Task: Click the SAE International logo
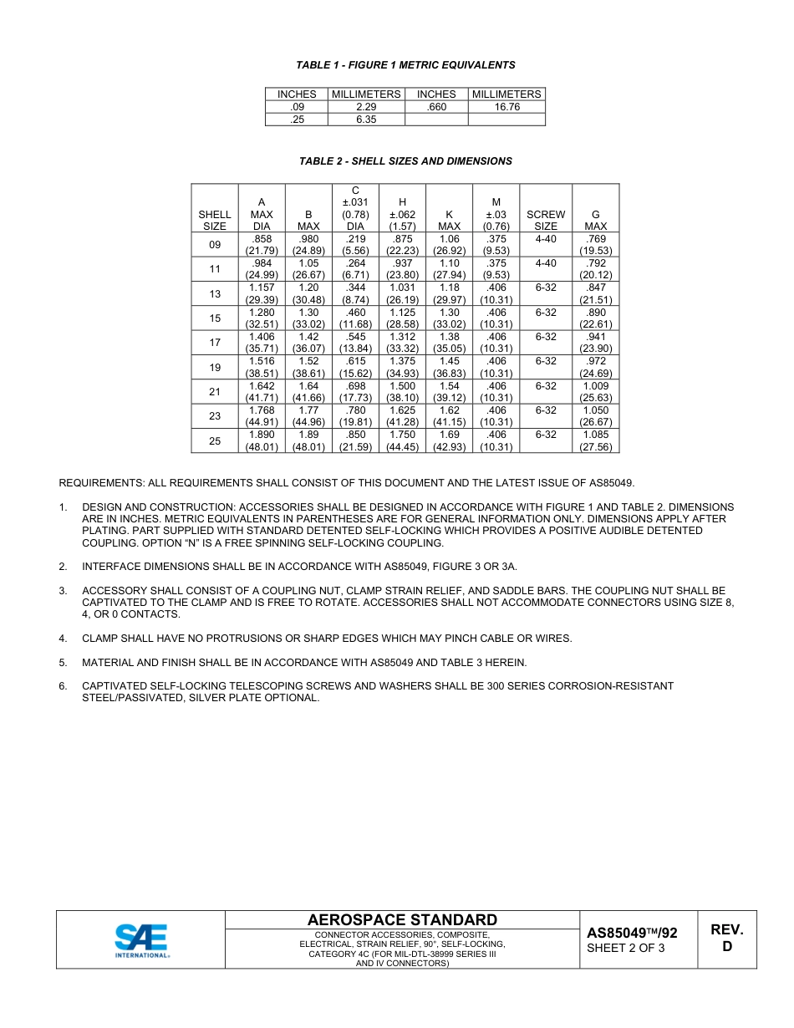141,940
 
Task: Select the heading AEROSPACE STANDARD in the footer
402,920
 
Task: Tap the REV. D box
726,939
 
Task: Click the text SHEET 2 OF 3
626,948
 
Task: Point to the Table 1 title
405,65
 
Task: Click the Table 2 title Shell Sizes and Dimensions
405,161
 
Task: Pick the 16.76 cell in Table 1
506,107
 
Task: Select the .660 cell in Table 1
436,107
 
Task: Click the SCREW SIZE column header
545,220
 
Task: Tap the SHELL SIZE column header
215,220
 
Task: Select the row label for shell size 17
215,343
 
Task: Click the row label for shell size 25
215,440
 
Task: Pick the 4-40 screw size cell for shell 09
545,239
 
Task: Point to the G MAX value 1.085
596,435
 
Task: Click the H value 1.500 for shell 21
402,386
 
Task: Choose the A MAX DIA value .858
262,239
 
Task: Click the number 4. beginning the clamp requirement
63,639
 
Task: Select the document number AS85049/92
632,933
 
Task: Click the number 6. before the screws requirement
63,686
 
